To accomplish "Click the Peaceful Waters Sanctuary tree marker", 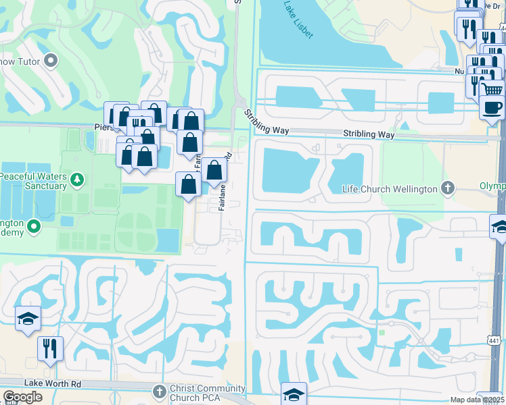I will coord(78,180).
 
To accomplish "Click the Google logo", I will coord(22,397).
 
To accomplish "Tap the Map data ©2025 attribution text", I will coord(477,400).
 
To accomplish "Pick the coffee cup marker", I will coord(492,106).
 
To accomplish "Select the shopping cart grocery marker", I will coord(493,88).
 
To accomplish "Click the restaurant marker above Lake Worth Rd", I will coord(50,348).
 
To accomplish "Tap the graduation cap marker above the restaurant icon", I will coord(28,319).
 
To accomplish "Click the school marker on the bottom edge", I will coord(294,394).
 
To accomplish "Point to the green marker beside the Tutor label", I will coord(51,62).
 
